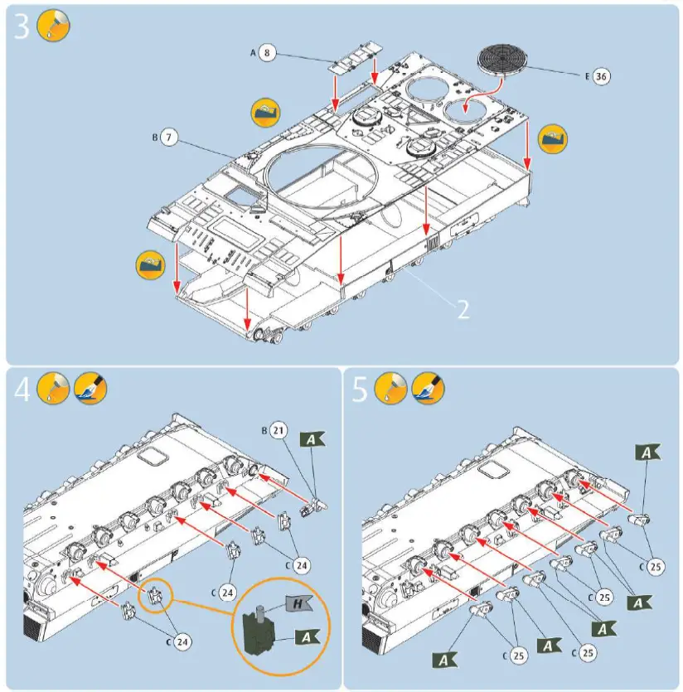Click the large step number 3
(22, 27)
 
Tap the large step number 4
(22, 389)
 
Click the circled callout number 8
(266, 52)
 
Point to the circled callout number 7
(169, 137)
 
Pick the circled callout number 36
(601, 76)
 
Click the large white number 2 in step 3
(463, 308)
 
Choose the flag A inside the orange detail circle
(307, 636)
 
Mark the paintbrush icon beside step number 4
(90, 388)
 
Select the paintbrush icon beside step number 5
(428, 388)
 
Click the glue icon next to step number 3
(54, 27)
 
